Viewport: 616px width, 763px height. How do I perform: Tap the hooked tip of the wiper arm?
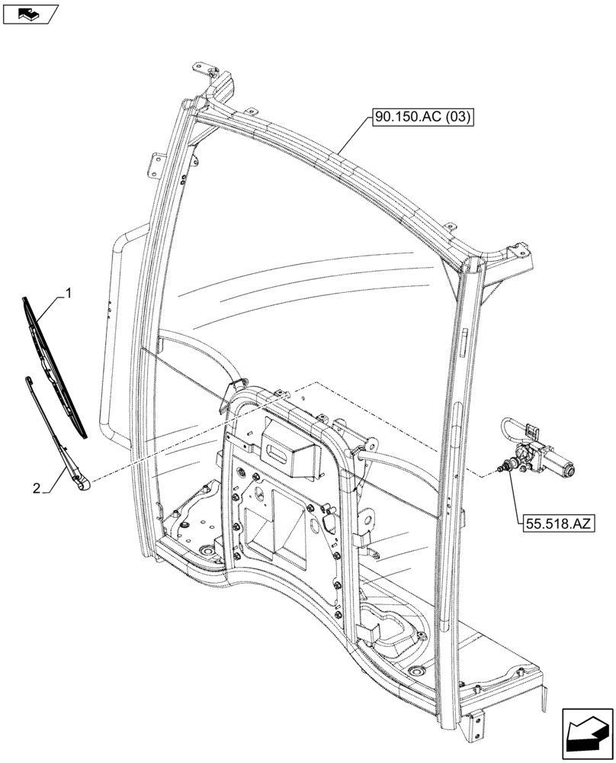coord(29,379)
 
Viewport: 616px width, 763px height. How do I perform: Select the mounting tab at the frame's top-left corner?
coord(204,70)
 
